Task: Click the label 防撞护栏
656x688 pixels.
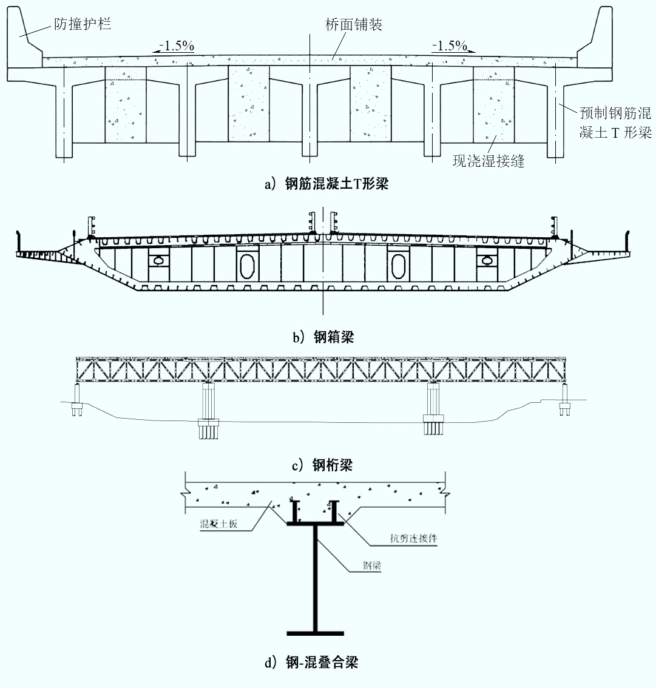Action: [83, 24]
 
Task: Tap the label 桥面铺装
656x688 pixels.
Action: [354, 24]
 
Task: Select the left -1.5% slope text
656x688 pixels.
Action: [177, 46]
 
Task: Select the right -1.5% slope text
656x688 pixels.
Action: [450, 46]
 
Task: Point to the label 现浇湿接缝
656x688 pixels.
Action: [489, 161]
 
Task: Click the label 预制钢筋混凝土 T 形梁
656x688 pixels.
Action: [615, 123]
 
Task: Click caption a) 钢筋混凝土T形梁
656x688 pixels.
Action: [326, 183]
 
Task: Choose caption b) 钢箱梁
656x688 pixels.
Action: [323, 337]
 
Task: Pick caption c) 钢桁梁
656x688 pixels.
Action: [322, 465]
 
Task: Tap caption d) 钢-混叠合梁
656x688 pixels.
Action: [311, 662]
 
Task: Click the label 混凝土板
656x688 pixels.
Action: [218, 524]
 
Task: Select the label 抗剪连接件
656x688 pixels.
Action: [414, 538]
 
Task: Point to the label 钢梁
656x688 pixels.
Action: [371, 565]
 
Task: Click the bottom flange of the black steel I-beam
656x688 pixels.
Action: [315, 633]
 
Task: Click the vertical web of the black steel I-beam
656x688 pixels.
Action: [315, 578]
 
